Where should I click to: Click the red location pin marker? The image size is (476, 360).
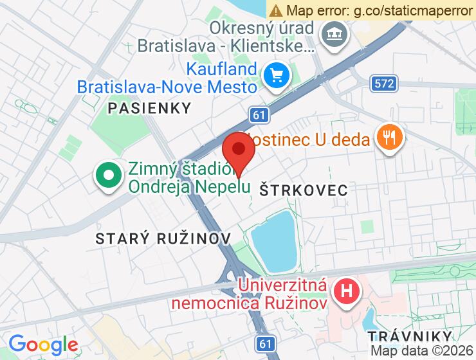point(239,151)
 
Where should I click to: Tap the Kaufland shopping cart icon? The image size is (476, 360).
point(277,76)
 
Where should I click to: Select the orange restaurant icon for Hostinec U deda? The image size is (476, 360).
point(389,137)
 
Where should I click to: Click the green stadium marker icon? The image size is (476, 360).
point(109,175)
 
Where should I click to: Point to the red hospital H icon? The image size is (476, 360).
point(346,290)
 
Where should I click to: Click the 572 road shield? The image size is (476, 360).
point(384,83)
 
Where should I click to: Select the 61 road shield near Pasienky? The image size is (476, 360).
point(259,115)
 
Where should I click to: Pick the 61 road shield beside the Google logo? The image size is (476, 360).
point(264,344)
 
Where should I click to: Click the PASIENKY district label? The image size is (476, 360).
point(150,108)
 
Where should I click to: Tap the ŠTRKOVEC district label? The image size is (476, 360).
point(303,190)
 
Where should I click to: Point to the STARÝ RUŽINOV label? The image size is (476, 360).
point(163,239)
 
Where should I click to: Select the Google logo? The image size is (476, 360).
point(42,345)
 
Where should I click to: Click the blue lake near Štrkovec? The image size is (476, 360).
point(273,240)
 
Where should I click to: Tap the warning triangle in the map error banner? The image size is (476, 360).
point(276,10)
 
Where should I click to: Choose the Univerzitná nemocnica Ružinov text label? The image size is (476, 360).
point(283,292)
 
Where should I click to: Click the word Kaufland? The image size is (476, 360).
point(223,69)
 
